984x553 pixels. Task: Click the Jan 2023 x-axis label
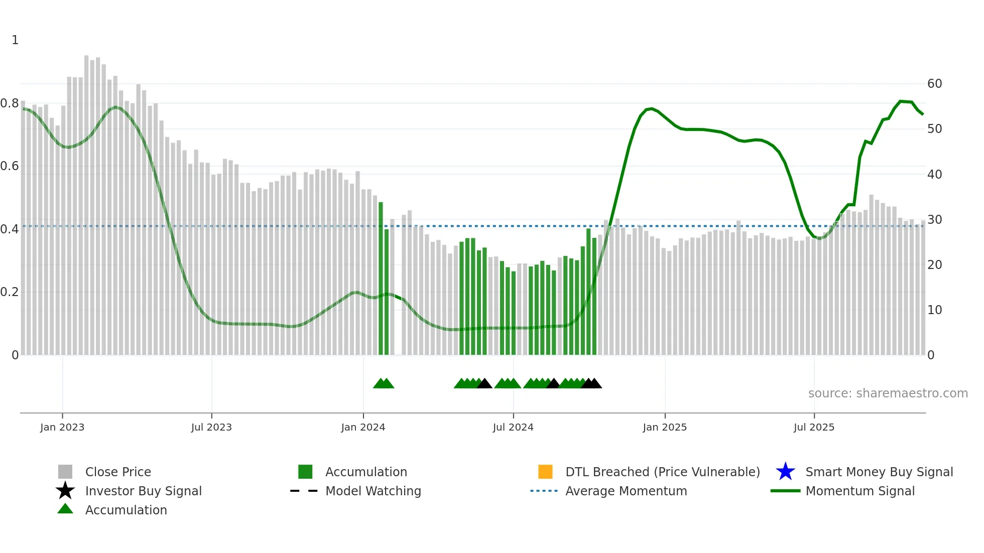(x=62, y=427)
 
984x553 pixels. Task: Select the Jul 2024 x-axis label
(x=513, y=427)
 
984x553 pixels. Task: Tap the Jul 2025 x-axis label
(x=814, y=427)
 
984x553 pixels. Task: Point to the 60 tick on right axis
(x=934, y=84)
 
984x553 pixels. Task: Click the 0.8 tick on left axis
(x=10, y=103)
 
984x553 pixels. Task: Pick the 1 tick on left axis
(x=15, y=40)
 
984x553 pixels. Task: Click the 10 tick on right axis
(x=934, y=310)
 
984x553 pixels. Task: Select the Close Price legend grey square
(x=65, y=472)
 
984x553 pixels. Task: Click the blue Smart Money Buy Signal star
(x=785, y=472)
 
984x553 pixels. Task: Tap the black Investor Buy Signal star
(x=65, y=491)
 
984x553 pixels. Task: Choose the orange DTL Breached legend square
(x=545, y=472)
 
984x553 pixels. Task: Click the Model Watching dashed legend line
(x=304, y=491)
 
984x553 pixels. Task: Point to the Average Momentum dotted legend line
(x=544, y=491)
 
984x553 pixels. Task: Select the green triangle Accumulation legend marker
(x=65, y=509)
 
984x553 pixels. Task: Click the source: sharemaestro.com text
(x=888, y=393)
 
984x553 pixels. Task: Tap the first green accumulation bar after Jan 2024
(x=381, y=279)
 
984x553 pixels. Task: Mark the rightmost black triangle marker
(x=594, y=384)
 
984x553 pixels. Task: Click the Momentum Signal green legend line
(x=785, y=491)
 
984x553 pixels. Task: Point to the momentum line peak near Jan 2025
(x=651, y=108)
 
